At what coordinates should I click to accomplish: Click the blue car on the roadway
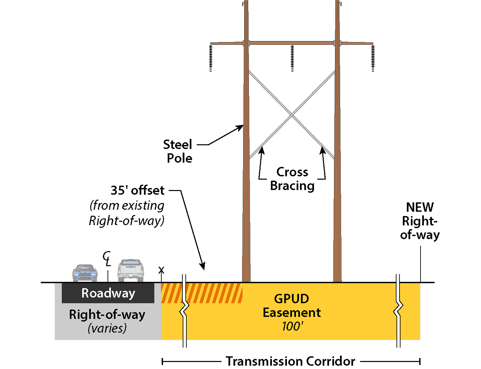click(85, 273)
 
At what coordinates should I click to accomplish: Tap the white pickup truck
click(131, 270)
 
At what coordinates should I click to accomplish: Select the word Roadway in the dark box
click(108, 293)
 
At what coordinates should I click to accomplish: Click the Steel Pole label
click(178, 151)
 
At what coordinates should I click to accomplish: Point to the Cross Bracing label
click(292, 179)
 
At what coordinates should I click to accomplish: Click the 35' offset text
click(137, 190)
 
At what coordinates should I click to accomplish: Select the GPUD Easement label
click(292, 306)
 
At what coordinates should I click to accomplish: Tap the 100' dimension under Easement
click(292, 326)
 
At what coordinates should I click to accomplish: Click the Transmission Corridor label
click(290, 361)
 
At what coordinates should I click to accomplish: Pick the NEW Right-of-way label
click(420, 221)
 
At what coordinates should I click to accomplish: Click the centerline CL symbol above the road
click(107, 259)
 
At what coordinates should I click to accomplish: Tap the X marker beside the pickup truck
click(161, 270)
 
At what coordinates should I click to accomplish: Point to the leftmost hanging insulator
click(211, 57)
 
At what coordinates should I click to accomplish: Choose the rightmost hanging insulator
click(373, 57)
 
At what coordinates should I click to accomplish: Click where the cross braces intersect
click(292, 115)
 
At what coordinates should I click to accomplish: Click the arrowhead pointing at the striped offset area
click(202, 266)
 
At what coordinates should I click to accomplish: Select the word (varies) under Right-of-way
click(107, 328)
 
